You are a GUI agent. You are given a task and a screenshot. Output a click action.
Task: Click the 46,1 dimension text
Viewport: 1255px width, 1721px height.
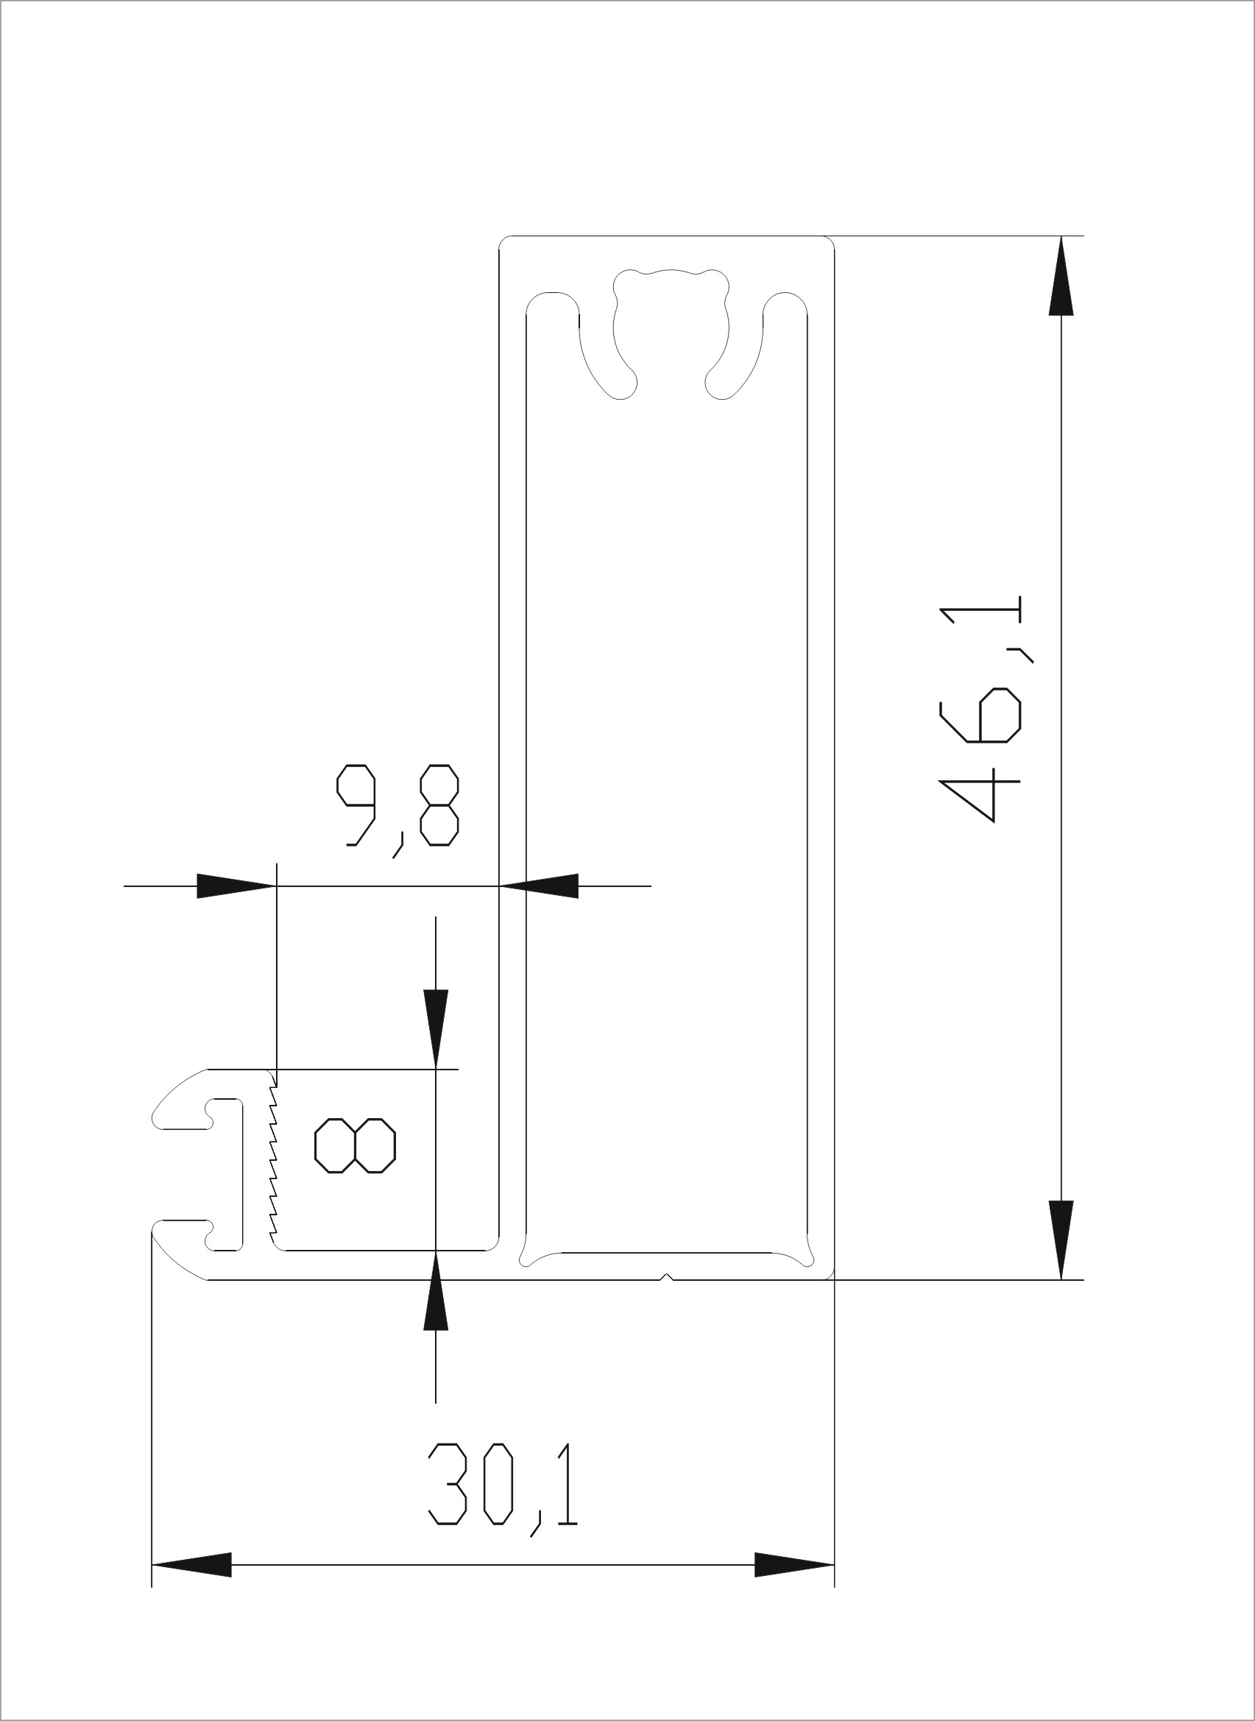pyautogui.click(x=980, y=709)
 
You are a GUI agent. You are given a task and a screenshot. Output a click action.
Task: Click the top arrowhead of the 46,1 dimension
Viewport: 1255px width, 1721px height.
pyautogui.click(x=1061, y=275)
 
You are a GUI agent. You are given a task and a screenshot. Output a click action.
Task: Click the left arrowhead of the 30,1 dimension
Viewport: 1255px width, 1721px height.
pyautogui.click(x=191, y=1564)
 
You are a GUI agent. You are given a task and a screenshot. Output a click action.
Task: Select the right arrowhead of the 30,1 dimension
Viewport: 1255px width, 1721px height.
pyautogui.click(x=794, y=1564)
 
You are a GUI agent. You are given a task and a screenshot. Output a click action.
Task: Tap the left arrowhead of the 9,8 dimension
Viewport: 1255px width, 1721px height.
pyautogui.click(x=236, y=886)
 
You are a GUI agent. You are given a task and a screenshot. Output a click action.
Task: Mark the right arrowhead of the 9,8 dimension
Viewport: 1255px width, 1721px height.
pyautogui.click(x=539, y=886)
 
